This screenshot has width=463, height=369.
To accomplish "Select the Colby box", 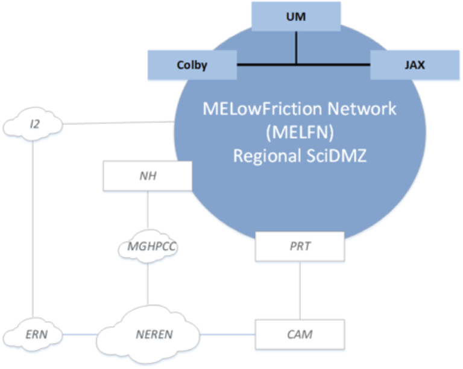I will point(192,65).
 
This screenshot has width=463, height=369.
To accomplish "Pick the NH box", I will point(148,176).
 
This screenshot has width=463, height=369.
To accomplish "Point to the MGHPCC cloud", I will point(148,246).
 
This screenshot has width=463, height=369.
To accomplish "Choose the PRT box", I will point(300,247).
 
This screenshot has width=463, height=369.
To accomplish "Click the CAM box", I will point(300,334).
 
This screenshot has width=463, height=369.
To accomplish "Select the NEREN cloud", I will point(148,334).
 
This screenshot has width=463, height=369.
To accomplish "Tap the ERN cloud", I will point(34,334).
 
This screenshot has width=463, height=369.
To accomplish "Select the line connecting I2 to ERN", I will point(34,229).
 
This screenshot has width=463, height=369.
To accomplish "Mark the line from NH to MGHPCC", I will point(148,211).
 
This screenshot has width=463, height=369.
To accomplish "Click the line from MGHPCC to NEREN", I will point(148,283).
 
